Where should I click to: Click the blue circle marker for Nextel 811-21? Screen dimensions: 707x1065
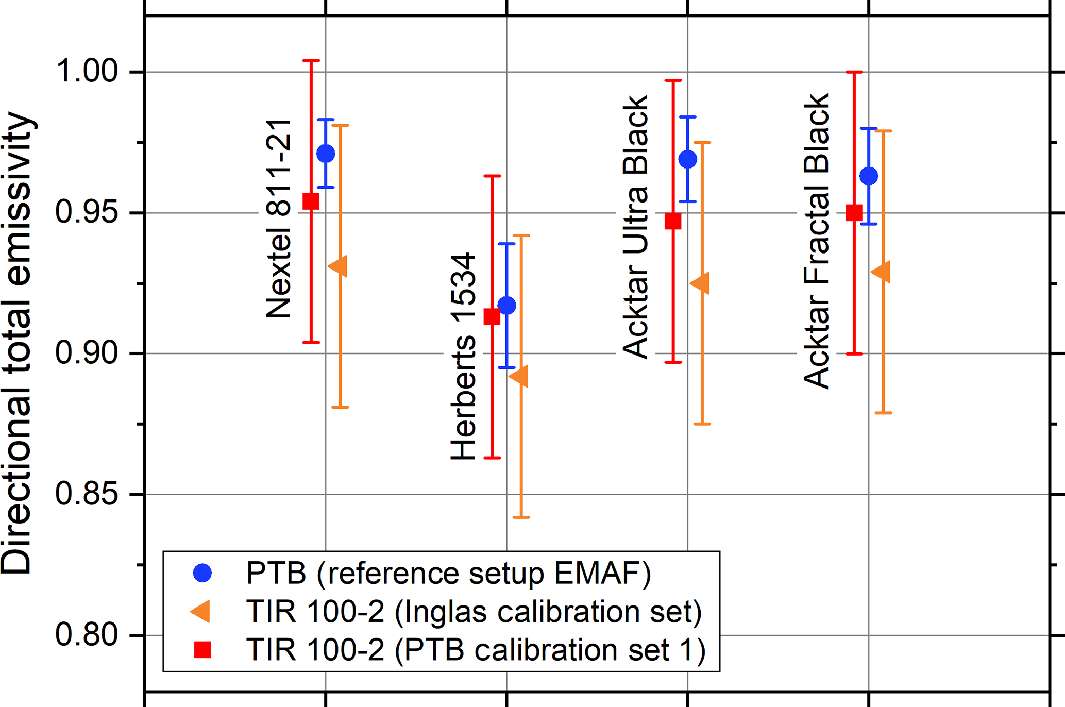click(326, 154)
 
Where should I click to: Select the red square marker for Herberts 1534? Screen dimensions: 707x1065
click(492, 316)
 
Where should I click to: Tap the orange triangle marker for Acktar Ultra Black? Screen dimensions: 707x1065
click(701, 283)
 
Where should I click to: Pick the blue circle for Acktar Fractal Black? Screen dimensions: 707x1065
click(869, 176)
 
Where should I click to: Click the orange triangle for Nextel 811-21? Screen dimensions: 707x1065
click(339, 266)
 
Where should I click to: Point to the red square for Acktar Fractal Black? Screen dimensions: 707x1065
click(854, 212)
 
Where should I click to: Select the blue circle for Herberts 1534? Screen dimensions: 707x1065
click(507, 306)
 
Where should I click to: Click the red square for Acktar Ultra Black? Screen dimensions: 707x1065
click(673, 221)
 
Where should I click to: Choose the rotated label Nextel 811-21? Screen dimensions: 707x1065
click(279, 219)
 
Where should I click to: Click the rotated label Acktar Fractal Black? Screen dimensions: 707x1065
click(817, 241)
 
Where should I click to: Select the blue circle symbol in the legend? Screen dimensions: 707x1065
click(202, 573)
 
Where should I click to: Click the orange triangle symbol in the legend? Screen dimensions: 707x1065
click(201, 612)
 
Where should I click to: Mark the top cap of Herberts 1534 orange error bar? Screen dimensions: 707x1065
click(521, 235)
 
